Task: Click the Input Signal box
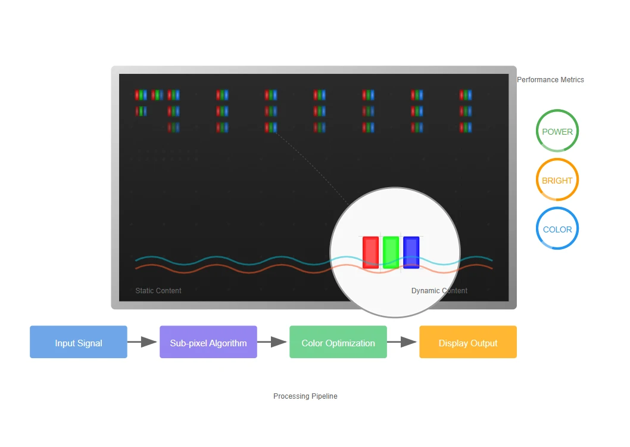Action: [79, 342]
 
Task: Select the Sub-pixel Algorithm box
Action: [208, 342]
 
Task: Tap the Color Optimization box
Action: [338, 342]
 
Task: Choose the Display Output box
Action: [467, 342]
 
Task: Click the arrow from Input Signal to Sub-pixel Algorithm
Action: [142, 342]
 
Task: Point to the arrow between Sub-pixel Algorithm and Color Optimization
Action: [272, 342]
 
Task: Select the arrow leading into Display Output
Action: [402, 342]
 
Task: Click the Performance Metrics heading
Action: [550, 80]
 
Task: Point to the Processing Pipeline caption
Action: [305, 396]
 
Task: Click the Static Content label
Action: [158, 290]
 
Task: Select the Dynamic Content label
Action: [439, 290]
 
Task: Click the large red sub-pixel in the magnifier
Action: [370, 253]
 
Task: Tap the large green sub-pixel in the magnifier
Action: [391, 253]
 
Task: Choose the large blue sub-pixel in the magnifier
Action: [411, 253]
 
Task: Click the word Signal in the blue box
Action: [90, 343]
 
